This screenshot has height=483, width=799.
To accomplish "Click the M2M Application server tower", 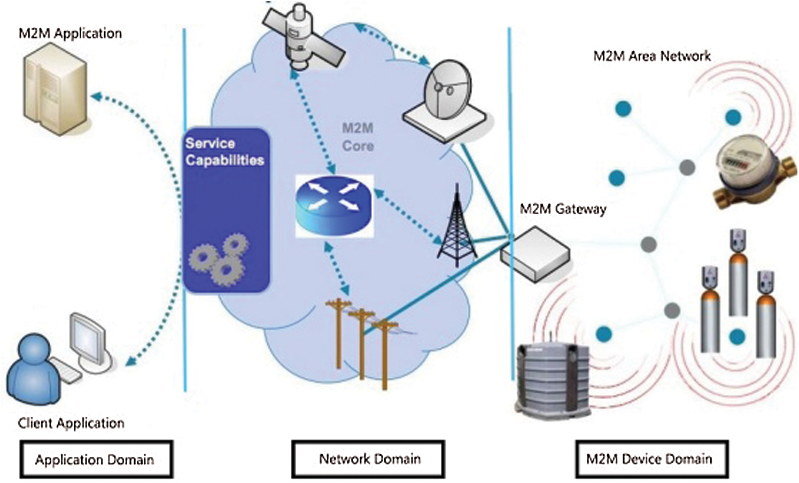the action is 55,89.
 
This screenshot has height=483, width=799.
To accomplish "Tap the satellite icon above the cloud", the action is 303,37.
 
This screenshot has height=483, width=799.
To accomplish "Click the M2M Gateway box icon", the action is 535,254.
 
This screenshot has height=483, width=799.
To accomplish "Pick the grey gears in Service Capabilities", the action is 218,259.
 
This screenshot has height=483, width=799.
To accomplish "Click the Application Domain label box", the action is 96,459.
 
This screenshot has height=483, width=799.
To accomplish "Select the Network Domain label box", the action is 368,459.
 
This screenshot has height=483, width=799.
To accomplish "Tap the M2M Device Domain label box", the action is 652,459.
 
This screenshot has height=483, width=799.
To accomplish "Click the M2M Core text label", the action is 358,137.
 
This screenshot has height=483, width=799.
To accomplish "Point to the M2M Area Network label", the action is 652,56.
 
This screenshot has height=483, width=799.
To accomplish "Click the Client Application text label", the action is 71,423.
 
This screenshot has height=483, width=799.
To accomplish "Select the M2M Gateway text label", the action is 563,209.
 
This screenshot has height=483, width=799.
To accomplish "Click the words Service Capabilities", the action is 224,152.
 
